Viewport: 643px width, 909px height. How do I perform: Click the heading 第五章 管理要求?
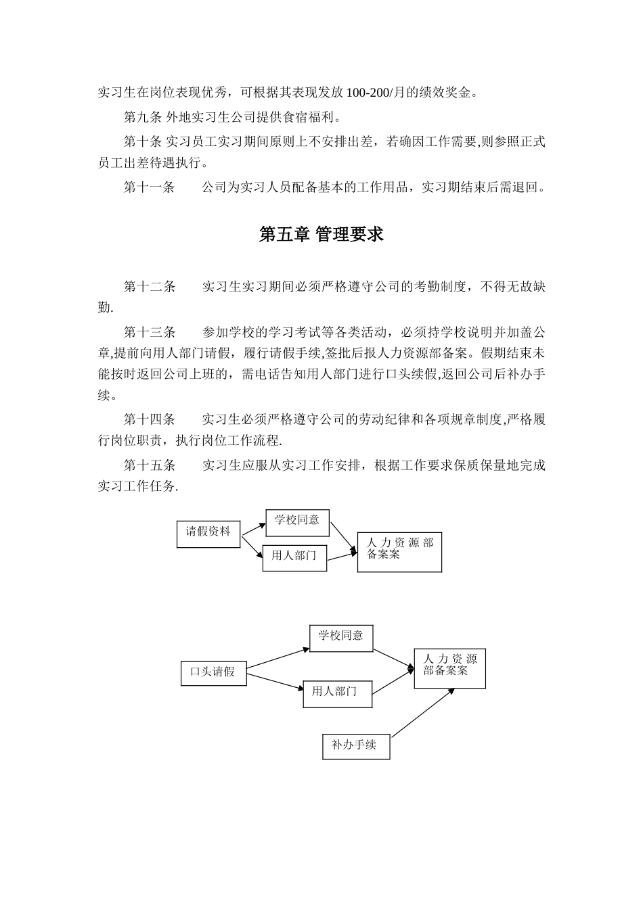point(321,235)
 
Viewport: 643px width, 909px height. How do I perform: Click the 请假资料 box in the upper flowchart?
point(208,533)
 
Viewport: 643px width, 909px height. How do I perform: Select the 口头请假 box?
point(213,672)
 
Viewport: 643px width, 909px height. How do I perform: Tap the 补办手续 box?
point(356,745)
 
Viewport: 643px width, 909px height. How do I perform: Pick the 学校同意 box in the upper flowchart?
point(297,521)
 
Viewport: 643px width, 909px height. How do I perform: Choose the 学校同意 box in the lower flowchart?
point(340,637)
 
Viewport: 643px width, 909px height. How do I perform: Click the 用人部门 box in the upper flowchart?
point(294,557)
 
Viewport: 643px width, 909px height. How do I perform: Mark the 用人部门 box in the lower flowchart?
point(337,693)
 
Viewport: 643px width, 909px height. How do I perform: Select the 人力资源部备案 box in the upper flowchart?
point(399,552)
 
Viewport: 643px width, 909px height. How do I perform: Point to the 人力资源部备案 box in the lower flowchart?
point(449,668)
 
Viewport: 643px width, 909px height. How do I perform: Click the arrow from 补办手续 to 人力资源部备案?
point(422,713)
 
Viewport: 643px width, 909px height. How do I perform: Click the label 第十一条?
point(149,187)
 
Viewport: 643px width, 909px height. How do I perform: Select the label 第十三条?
point(149,332)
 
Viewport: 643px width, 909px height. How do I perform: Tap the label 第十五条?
point(149,465)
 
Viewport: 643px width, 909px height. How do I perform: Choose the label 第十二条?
point(149,287)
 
